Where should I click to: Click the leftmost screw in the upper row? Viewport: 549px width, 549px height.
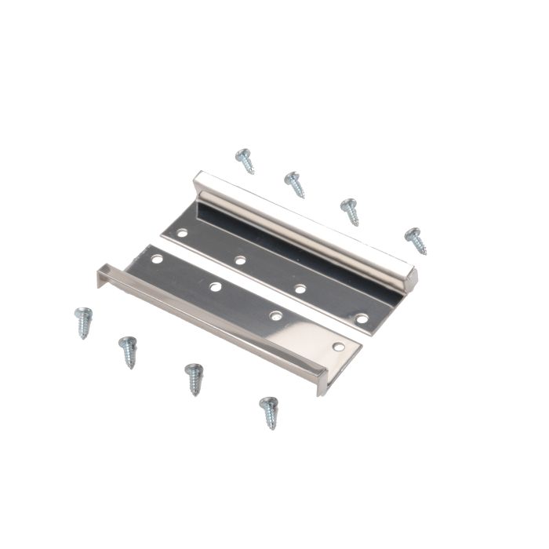(245, 160)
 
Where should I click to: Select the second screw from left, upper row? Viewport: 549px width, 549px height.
(294, 184)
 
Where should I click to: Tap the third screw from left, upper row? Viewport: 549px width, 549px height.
(350, 211)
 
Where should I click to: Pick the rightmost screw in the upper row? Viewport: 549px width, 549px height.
(415, 240)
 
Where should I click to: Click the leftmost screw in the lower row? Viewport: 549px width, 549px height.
(83, 322)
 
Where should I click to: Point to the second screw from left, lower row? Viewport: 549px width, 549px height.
(128, 351)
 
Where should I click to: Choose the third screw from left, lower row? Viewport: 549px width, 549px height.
(194, 378)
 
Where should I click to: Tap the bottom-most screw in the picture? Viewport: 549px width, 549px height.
(269, 412)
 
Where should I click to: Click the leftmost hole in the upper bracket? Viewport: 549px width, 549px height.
(182, 233)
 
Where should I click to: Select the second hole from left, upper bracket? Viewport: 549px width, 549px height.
(240, 260)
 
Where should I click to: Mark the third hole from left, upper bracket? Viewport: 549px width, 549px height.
(300, 289)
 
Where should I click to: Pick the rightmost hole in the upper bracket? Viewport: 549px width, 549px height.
(362, 318)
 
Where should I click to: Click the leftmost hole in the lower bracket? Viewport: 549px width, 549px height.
(157, 258)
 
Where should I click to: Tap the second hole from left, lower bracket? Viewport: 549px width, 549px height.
(215, 286)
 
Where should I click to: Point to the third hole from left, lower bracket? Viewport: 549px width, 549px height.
(275, 315)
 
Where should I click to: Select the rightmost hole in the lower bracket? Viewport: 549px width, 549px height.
(338, 346)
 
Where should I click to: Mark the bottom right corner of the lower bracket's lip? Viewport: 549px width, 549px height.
(321, 392)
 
